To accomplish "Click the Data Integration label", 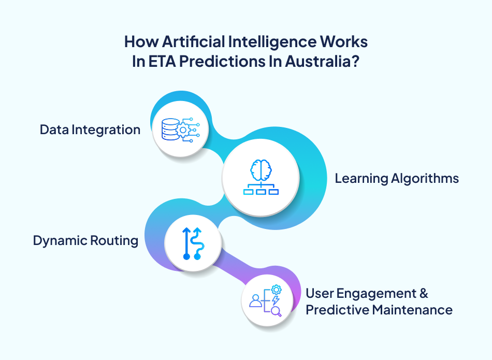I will pyautogui.click(x=90, y=129).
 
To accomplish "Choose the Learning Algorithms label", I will pyautogui.click(x=397, y=179).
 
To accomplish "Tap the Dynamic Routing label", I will pyautogui.click(x=85, y=240).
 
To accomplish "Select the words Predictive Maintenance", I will pyautogui.click(x=379, y=310).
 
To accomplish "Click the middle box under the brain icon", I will pyautogui.click(x=261, y=192).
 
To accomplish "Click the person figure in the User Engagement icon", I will pyautogui.click(x=255, y=300).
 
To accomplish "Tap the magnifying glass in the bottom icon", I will pyautogui.click(x=276, y=311).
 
